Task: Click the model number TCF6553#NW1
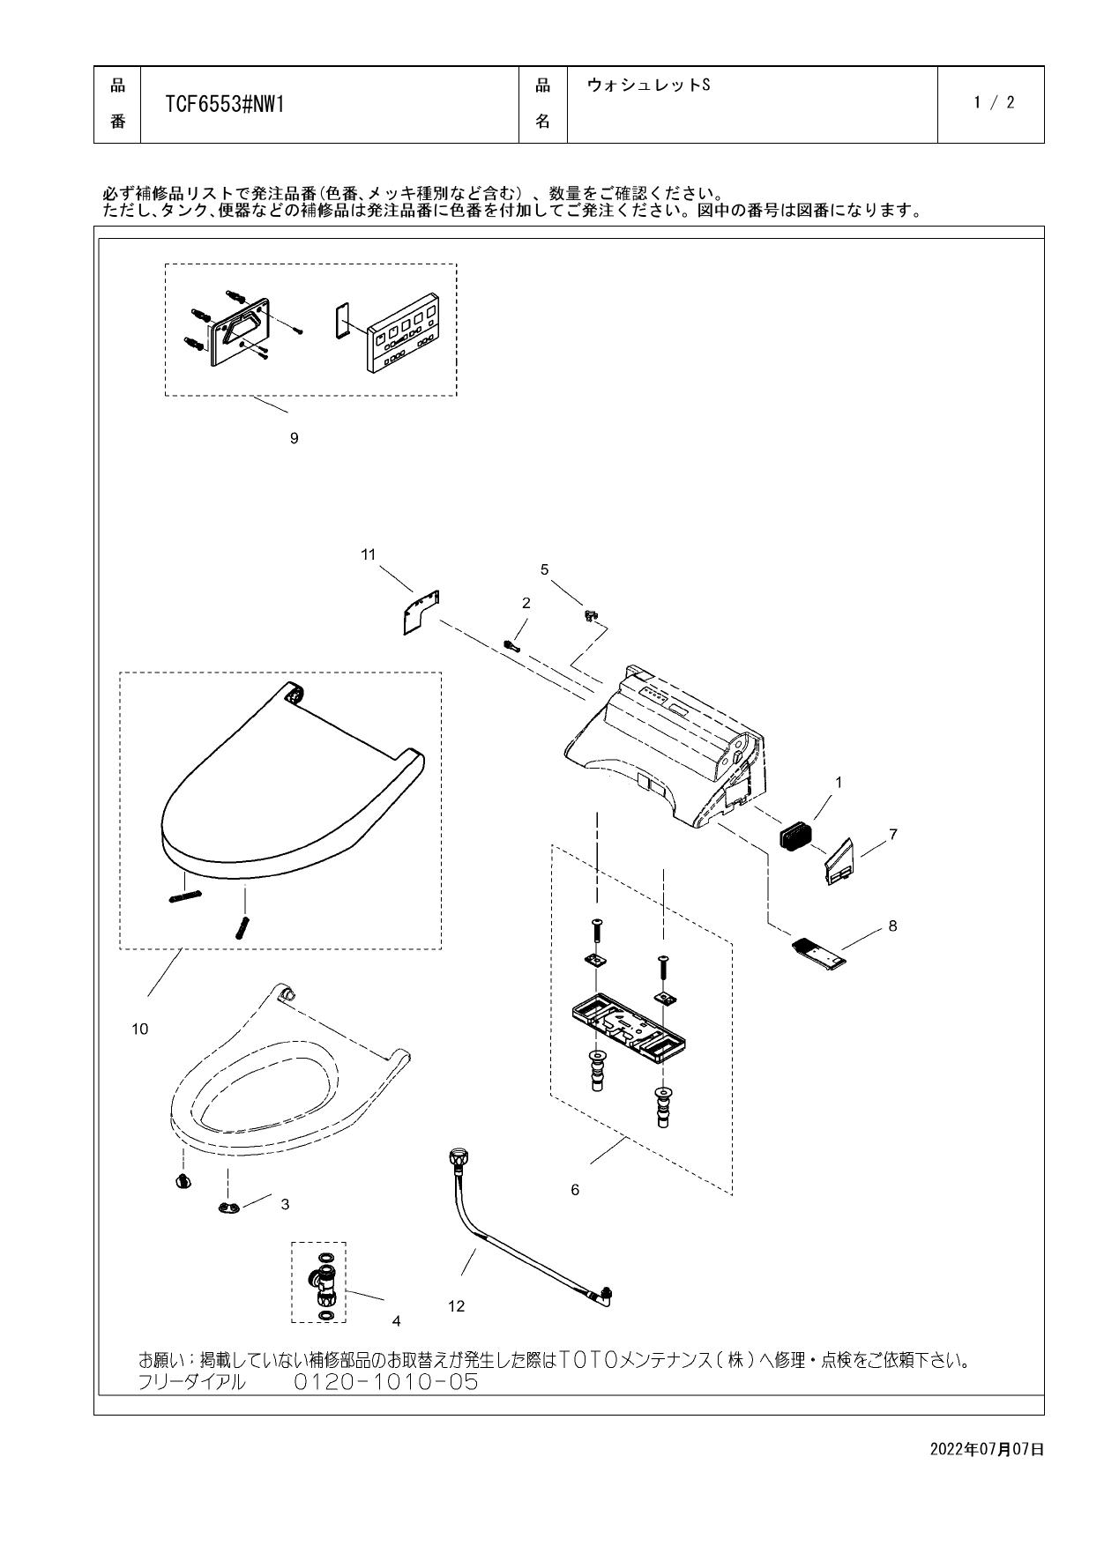pyautogui.click(x=224, y=105)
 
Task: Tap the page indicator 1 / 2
pyautogui.click(x=994, y=102)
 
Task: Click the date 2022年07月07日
pyautogui.click(x=987, y=1449)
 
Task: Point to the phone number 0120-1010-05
pyautogui.click(x=385, y=1382)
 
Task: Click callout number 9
pyautogui.click(x=295, y=438)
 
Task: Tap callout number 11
pyautogui.click(x=369, y=554)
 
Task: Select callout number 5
pyautogui.click(x=544, y=569)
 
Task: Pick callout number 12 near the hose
pyautogui.click(x=456, y=1306)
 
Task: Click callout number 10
pyautogui.click(x=140, y=1029)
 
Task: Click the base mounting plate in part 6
pyautogui.click(x=626, y=1024)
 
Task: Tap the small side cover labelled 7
pyautogui.click(x=840, y=860)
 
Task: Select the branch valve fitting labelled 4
pyautogui.click(x=322, y=1283)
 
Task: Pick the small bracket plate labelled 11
pyautogui.click(x=413, y=611)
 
